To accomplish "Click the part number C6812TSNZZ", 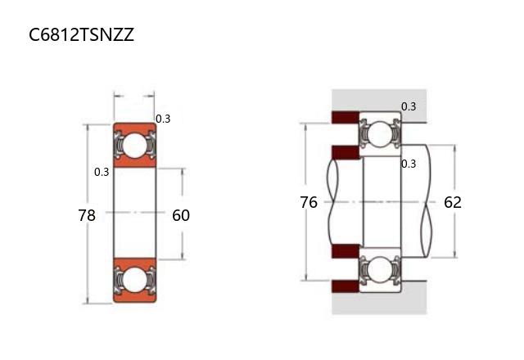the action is coord(82,34).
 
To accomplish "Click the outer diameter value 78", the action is coord(87,215).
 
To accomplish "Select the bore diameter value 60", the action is coord(181,215).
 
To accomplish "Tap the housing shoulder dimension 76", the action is coord(309,202).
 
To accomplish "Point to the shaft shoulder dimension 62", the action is coord(453,202).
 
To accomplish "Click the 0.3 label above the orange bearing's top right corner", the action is coord(163,119).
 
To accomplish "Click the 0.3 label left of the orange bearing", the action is coord(102,172).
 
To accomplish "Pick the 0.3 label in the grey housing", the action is coord(409,106).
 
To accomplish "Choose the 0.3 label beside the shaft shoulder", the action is coord(409,164).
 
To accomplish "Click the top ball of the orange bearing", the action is coord(135,146).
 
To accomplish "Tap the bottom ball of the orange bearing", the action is coord(135,279).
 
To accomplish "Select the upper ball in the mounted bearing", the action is coord(380,134).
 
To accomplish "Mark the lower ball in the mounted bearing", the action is coord(380,270).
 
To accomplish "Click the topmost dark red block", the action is coord(346,117).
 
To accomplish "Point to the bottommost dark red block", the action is coord(346,286).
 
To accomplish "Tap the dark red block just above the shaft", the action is coord(346,152).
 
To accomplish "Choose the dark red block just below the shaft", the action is coord(346,251).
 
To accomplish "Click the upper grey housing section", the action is coord(379,100).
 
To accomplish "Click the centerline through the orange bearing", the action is coord(135,212).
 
